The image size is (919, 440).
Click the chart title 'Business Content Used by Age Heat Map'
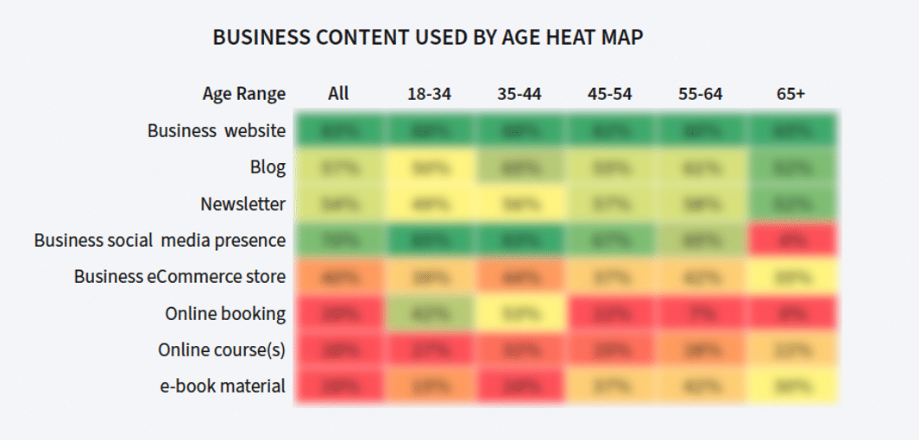(428, 38)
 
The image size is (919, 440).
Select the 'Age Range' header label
(244, 94)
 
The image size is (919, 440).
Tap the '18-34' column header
(429, 94)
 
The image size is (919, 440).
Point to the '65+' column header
(790, 94)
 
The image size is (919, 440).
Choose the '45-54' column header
(609, 94)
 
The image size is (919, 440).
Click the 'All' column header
(338, 94)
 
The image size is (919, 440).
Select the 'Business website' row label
(217, 131)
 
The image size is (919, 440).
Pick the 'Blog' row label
(268, 167)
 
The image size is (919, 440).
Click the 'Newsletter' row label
(243, 204)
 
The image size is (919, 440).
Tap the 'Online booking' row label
(225, 313)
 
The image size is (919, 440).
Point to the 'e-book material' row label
(223, 386)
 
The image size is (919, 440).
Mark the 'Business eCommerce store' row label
(179, 277)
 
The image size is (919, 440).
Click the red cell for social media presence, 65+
(790, 241)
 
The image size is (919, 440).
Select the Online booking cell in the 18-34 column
(429, 313)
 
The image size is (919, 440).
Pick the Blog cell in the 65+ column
(790, 167)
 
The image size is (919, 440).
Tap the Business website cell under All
(338, 131)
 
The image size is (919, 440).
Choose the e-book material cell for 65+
(790, 386)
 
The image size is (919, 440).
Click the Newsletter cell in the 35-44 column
(519, 204)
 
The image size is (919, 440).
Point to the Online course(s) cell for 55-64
(700, 349)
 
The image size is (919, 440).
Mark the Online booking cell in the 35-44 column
(519, 313)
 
